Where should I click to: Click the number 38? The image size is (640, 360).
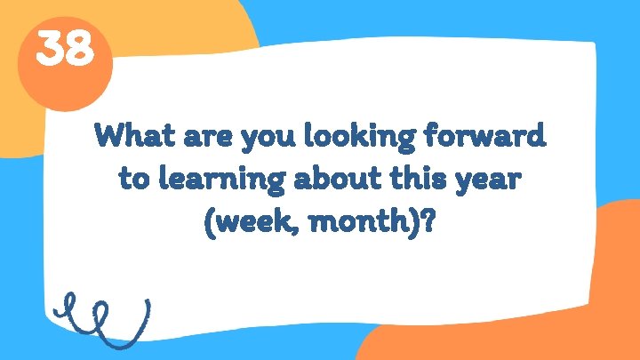coord(64,50)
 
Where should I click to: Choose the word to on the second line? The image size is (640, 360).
coord(133,179)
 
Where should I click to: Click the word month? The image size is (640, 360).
coord(356,220)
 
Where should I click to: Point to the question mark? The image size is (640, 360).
coord(430,220)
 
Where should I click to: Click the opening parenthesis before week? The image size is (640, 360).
coord(210,221)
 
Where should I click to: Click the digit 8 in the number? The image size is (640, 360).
coord(79,50)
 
